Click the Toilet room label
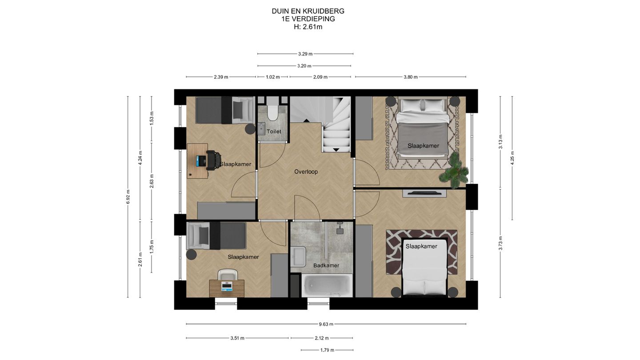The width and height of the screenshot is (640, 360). pyautogui.click(x=274, y=132)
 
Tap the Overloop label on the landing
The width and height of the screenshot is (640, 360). pyautogui.click(x=306, y=172)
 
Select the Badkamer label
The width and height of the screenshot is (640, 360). pyautogui.click(x=326, y=265)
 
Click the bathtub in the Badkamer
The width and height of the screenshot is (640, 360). pyautogui.click(x=327, y=285)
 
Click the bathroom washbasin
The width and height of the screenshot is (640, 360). pyautogui.click(x=298, y=256)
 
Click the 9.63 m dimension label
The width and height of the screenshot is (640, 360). pyautogui.click(x=326, y=324)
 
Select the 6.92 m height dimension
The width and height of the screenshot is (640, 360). pyautogui.click(x=128, y=197)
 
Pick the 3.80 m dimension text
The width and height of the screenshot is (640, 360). pyautogui.click(x=411, y=77)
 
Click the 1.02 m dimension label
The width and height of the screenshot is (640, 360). pyautogui.click(x=272, y=77)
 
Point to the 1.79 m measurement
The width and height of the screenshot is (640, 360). pyautogui.click(x=327, y=350)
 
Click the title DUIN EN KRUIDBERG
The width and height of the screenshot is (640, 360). pyautogui.click(x=308, y=11)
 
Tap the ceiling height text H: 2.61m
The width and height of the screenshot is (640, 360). pyautogui.click(x=308, y=27)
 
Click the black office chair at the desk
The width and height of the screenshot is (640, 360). pyautogui.click(x=213, y=160)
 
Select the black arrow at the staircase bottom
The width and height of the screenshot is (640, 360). pyautogui.click(x=336, y=150)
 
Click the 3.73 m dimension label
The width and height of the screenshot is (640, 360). pyautogui.click(x=500, y=243)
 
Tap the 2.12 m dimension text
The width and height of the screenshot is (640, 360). pyautogui.click(x=322, y=338)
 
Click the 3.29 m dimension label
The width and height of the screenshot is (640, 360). pyautogui.click(x=305, y=54)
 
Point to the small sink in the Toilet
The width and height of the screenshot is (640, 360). pyautogui.click(x=261, y=129)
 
